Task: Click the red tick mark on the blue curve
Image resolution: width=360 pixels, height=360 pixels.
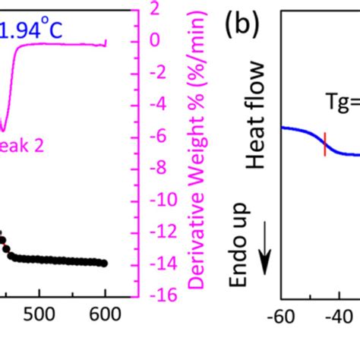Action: (x=324, y=144)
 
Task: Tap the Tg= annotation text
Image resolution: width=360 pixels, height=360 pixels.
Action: (x=339, y=106)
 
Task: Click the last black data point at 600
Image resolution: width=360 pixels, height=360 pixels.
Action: (x=104, y=264)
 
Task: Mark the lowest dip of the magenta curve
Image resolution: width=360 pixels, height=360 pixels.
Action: (x=5, y=131)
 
